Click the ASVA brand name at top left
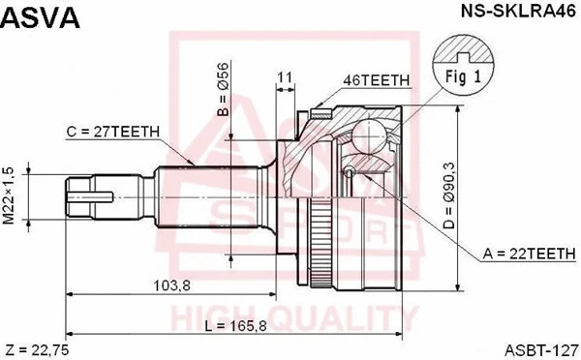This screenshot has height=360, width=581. [40, 17]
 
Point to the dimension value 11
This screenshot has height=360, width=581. [285, 76]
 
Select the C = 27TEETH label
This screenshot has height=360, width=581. [113, 131]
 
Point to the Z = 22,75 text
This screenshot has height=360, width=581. [37, 348]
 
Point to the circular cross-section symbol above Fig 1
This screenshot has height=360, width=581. [462, 48]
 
